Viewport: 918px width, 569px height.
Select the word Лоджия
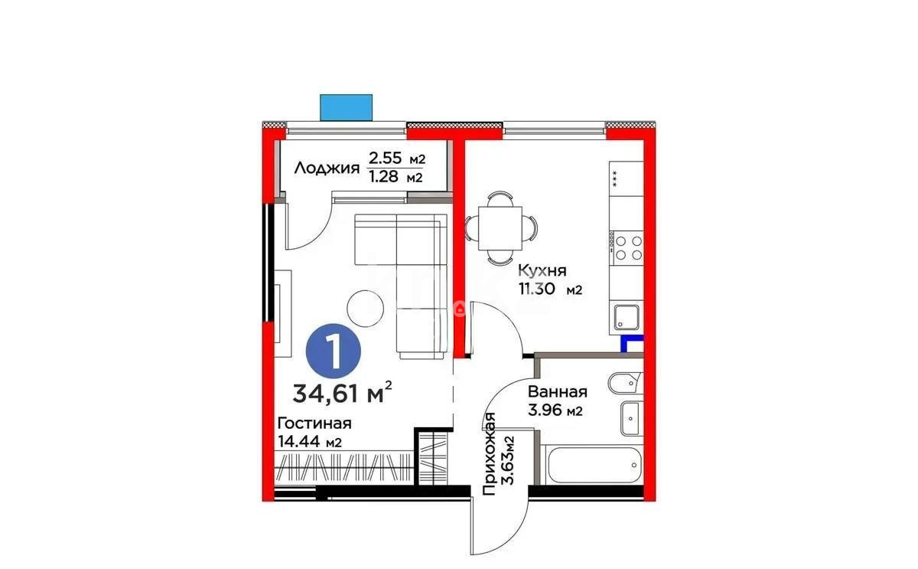pos(327,168)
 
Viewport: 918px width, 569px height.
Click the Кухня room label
pos(542,270)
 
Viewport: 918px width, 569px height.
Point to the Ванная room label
pos(557,392)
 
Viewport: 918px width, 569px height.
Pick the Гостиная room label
pos(314,423)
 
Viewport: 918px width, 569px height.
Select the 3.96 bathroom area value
pos(545,410)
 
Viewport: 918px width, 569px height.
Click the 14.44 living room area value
pos(299,442)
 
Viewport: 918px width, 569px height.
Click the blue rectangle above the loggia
pos(346,107)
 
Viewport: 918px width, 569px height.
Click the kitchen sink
pos(625,316)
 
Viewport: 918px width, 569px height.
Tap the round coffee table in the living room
pos(366,307)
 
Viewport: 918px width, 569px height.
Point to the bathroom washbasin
pos(630,417)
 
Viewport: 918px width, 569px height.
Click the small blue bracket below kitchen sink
pos(632,344)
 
